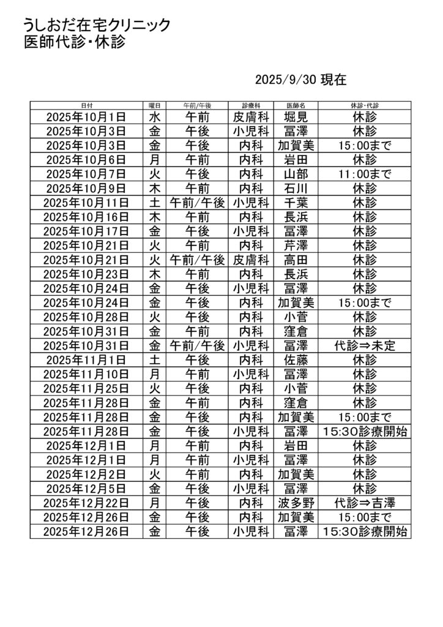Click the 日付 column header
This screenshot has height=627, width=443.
[x=86, y=105]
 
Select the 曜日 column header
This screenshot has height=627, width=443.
[x=155, y=105]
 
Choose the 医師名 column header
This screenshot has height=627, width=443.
[x=296, y=105]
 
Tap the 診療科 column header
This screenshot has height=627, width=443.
[x=251, y=105]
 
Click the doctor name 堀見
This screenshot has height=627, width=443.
[x=296, y=116]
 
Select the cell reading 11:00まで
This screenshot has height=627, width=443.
[x=365, y=174]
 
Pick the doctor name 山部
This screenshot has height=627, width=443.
[x=296, y=174]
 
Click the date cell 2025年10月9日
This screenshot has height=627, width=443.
[x=86, y=188]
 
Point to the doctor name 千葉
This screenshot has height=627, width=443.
[x=296, y=203]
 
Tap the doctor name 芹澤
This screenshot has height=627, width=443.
[x=296, y=246]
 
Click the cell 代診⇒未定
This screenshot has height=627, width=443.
[x=365, y=346]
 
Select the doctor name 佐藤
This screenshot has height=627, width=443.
[x=296, y=360]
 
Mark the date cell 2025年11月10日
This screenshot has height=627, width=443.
[x=86, y=374]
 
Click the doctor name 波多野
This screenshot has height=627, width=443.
[x=296, y=503]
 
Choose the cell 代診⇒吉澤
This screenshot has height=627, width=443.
[x=365, y=503]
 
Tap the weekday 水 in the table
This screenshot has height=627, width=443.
[x=155, y=116]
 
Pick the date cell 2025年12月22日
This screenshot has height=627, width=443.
[x=86, y=503]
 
